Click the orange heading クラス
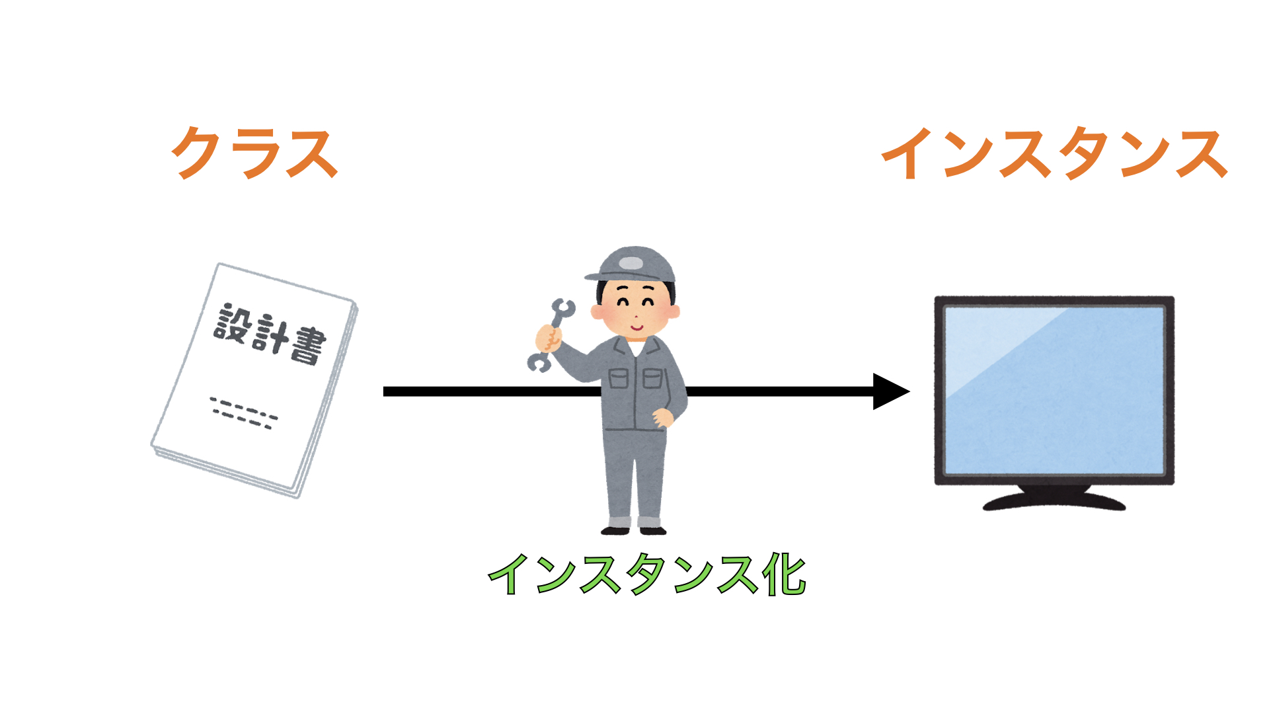[255, 153]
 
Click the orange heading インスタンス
[1055, 153]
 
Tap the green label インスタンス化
[647, 574]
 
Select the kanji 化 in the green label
[784, 574]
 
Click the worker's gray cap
[631, 264]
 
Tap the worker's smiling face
[635, 309]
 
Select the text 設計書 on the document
[270, 335]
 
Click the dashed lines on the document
[244, 413]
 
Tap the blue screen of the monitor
[1054, 390]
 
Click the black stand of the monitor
[1054, 498]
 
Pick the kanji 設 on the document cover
[232, 322]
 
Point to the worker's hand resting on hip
[662, 418]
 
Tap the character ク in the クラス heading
[196, 153]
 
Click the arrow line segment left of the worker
[492, 391]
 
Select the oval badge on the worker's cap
[631, 263]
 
